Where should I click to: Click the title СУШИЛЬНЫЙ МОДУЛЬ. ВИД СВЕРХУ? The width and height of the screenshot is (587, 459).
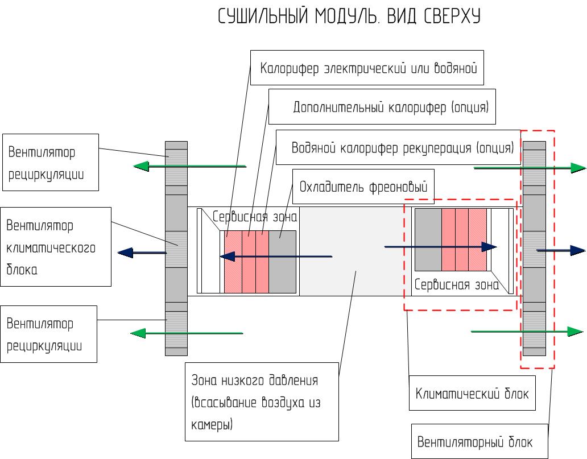pyautogui.click(x=350, y=17)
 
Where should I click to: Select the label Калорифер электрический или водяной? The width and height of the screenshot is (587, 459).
pyautogui.click(x=368, y=69)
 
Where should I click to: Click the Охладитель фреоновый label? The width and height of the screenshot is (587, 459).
pyautogui.click(x=363, y=187)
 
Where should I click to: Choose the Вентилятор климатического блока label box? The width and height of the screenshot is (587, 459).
pyautogui.click(x=55, y=247)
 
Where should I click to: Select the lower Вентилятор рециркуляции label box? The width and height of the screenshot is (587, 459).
pyautogui.click(x=48, y=334)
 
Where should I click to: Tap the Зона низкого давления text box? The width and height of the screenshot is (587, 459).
pyautogui.click(x=262, y=401)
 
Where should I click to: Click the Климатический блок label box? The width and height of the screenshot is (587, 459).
pyautogui.click(x=472, y=393)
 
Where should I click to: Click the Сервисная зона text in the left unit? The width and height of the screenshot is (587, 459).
pyautogui.click(x=256, y=216)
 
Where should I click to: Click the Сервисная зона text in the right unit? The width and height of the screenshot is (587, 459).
pyautogui.click(x=457, y=285)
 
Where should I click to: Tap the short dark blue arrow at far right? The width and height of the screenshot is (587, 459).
pyautogui.click(x=561, y=250)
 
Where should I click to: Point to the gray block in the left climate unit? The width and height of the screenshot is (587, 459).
pyautogui.click(x=282, y=262)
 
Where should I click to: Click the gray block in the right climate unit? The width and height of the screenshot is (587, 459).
pyautogui.click(x=428, y=239)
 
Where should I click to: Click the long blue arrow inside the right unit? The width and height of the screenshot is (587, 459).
pyautogui.click(x=441, y=247)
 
